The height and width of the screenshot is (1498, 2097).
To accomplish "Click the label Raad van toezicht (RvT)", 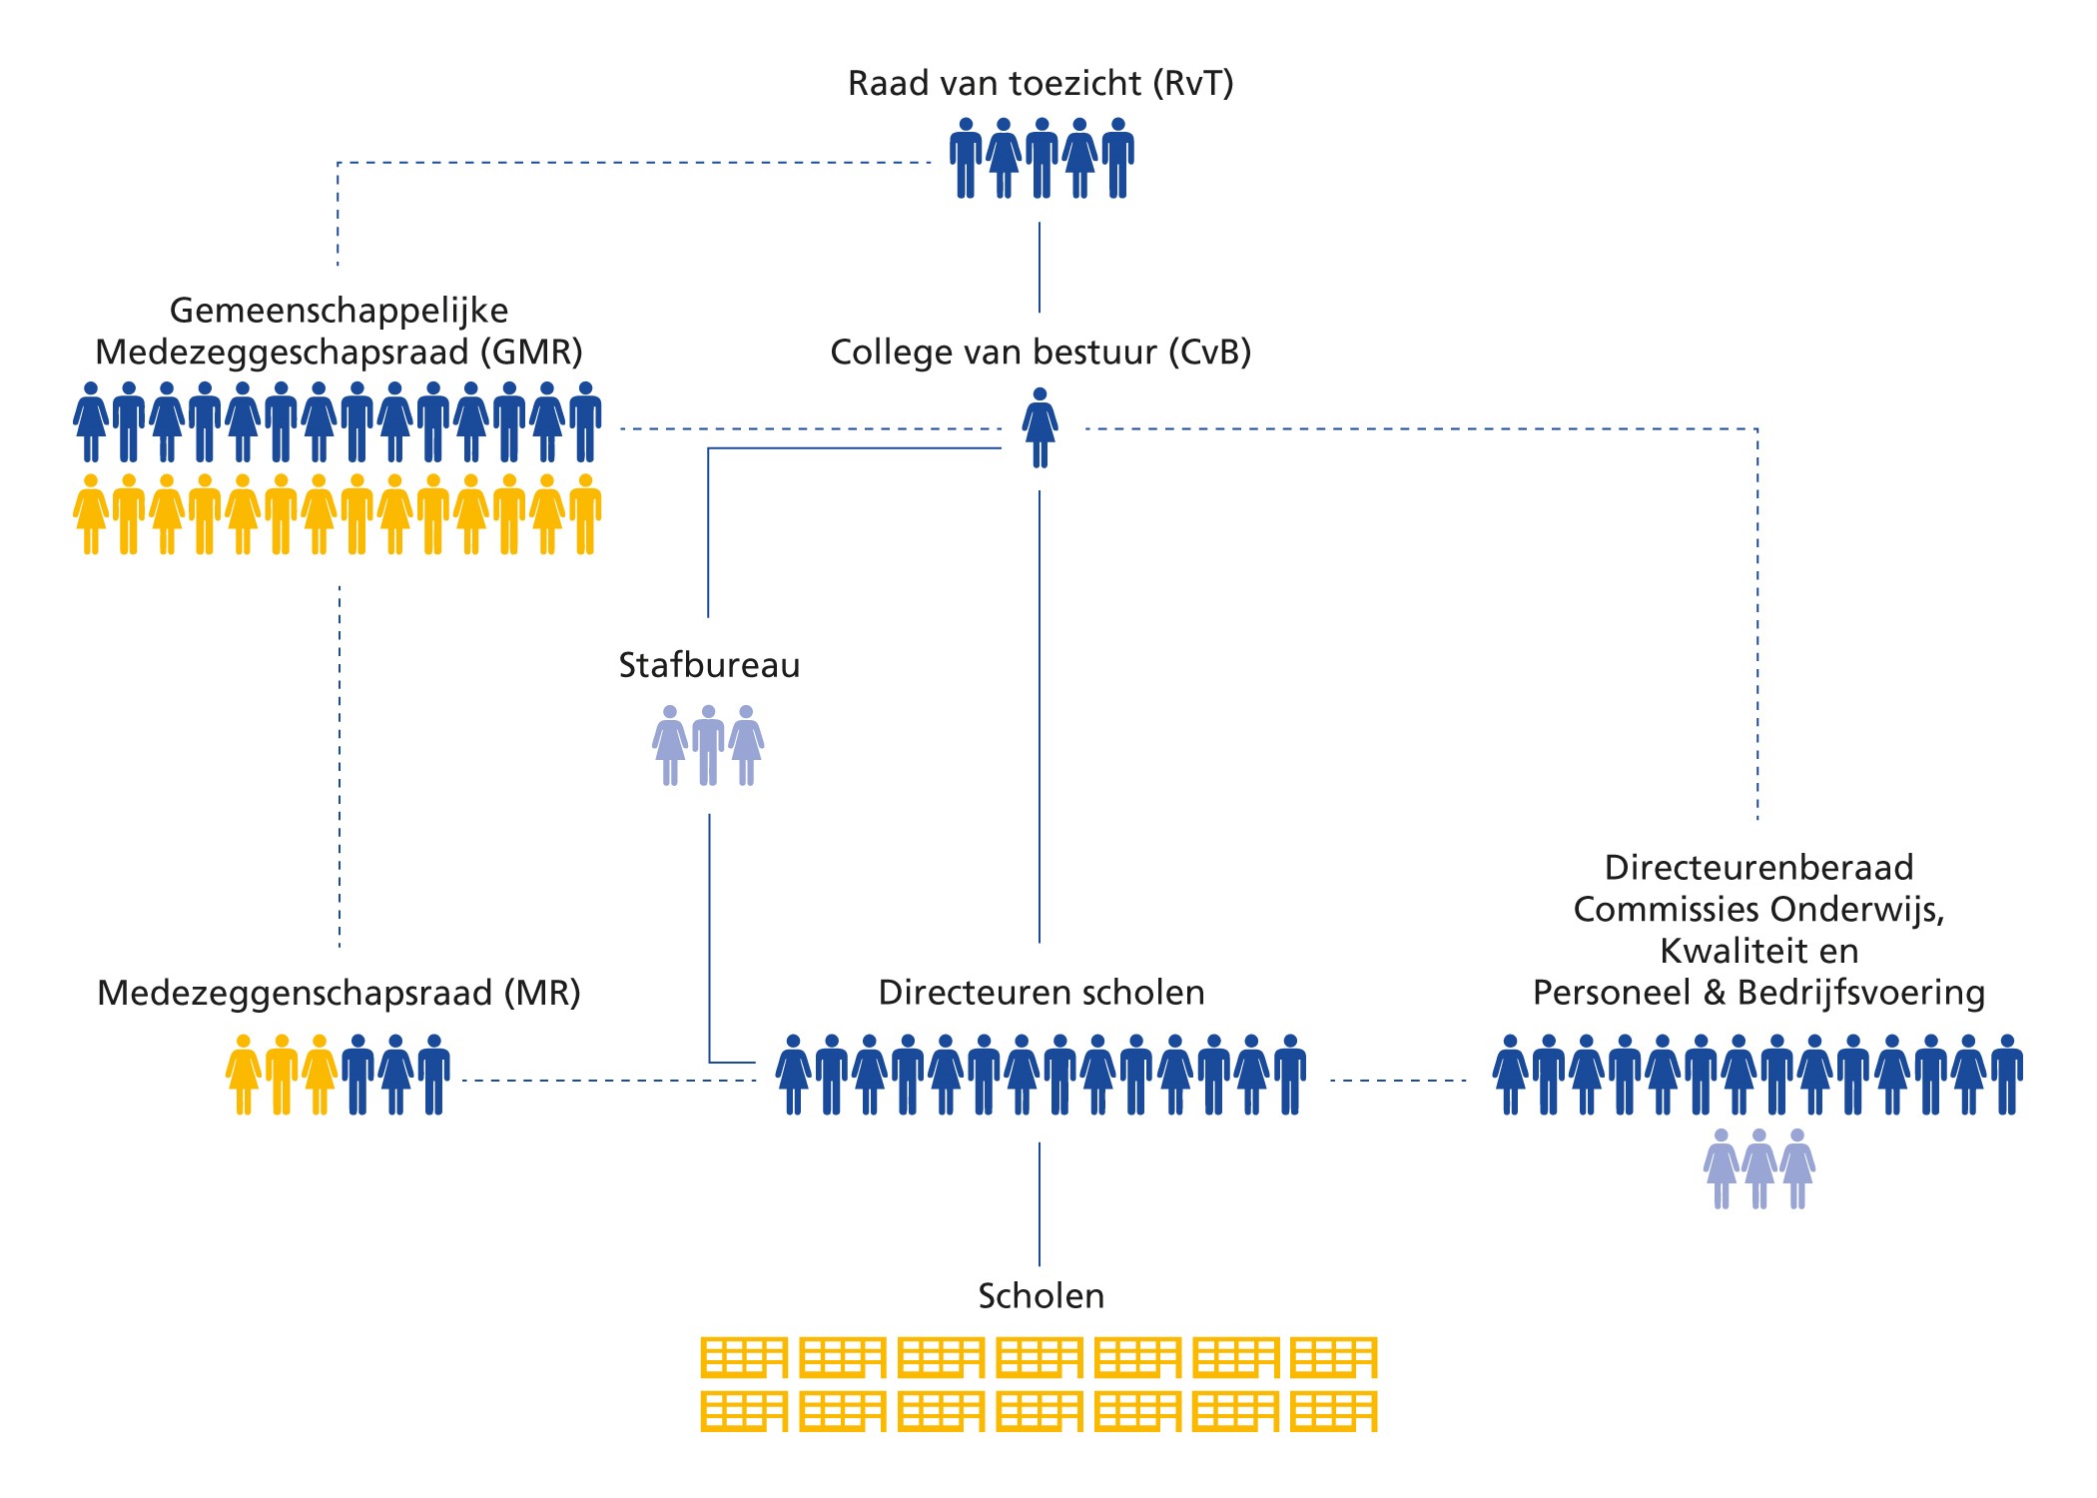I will tap(1041, 83).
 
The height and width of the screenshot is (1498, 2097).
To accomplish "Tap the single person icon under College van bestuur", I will tap(1040, 427).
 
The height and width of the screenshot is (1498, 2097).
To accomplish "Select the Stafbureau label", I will tap(709, 665).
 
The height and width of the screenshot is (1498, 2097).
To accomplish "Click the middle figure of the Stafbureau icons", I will tap(708, 745).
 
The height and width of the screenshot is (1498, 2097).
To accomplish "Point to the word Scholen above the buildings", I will tap(1041, 1296).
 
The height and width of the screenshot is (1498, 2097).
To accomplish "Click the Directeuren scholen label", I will tap(1041, 993).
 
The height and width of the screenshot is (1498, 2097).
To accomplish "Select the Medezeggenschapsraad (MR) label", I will tap(339, 993).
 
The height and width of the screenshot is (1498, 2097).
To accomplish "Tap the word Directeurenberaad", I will tap(1758, 867).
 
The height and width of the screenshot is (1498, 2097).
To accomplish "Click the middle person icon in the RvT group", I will tap(1042, 158).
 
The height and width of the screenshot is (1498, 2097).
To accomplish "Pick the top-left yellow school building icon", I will tap(744, 1357).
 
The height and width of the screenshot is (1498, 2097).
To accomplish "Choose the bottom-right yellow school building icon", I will tap(1333, 1411).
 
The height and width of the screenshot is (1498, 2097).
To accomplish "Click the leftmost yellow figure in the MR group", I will tap(243, 1075).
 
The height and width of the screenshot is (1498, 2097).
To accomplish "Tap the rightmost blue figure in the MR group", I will tap(433, 1075).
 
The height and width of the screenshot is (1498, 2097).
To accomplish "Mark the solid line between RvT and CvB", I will tap(1040, 268).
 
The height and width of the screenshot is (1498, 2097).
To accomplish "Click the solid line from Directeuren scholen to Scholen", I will tap(1040, 1203).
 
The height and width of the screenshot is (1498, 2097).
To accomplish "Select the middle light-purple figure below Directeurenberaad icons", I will tap(1758, 1168).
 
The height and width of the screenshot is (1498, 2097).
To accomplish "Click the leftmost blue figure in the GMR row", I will tap(91, 421).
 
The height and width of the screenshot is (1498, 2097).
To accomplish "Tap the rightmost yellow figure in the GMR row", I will tap(585, 514).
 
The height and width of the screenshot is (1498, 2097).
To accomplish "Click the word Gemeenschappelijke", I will tap(339, 311).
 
